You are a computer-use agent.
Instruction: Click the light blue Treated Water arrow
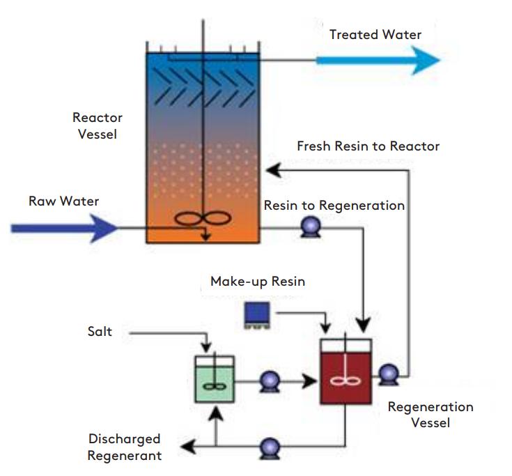coord(378,61)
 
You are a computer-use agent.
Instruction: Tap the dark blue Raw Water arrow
coord(64,228)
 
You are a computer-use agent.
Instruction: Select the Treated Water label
coord(375,35)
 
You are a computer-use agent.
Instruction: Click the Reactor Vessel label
coord(98,125)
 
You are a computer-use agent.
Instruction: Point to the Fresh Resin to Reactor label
coord(368,146)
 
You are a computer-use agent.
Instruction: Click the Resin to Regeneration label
coord(334,206)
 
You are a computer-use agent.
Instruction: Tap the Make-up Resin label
coord(258,282)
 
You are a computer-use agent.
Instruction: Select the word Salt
coord(100,332)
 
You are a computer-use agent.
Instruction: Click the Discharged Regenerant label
coord(125,447)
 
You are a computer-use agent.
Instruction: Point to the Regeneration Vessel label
coord(430,415)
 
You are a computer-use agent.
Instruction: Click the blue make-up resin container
coord(257,315)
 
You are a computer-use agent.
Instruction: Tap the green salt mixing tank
coord(215,379)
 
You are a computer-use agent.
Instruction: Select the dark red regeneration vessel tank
coord(346,371)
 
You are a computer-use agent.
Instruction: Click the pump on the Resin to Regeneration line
coord(310,227)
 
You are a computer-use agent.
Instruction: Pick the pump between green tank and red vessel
coord(270,381)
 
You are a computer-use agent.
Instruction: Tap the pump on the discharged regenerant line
coord(270,448)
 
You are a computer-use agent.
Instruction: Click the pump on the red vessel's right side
coord(389,375)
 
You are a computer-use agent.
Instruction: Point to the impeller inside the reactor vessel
coord(203,219)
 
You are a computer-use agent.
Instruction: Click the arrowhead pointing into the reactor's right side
coord(274,170)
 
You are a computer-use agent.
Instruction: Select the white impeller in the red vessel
coord(345,381)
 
